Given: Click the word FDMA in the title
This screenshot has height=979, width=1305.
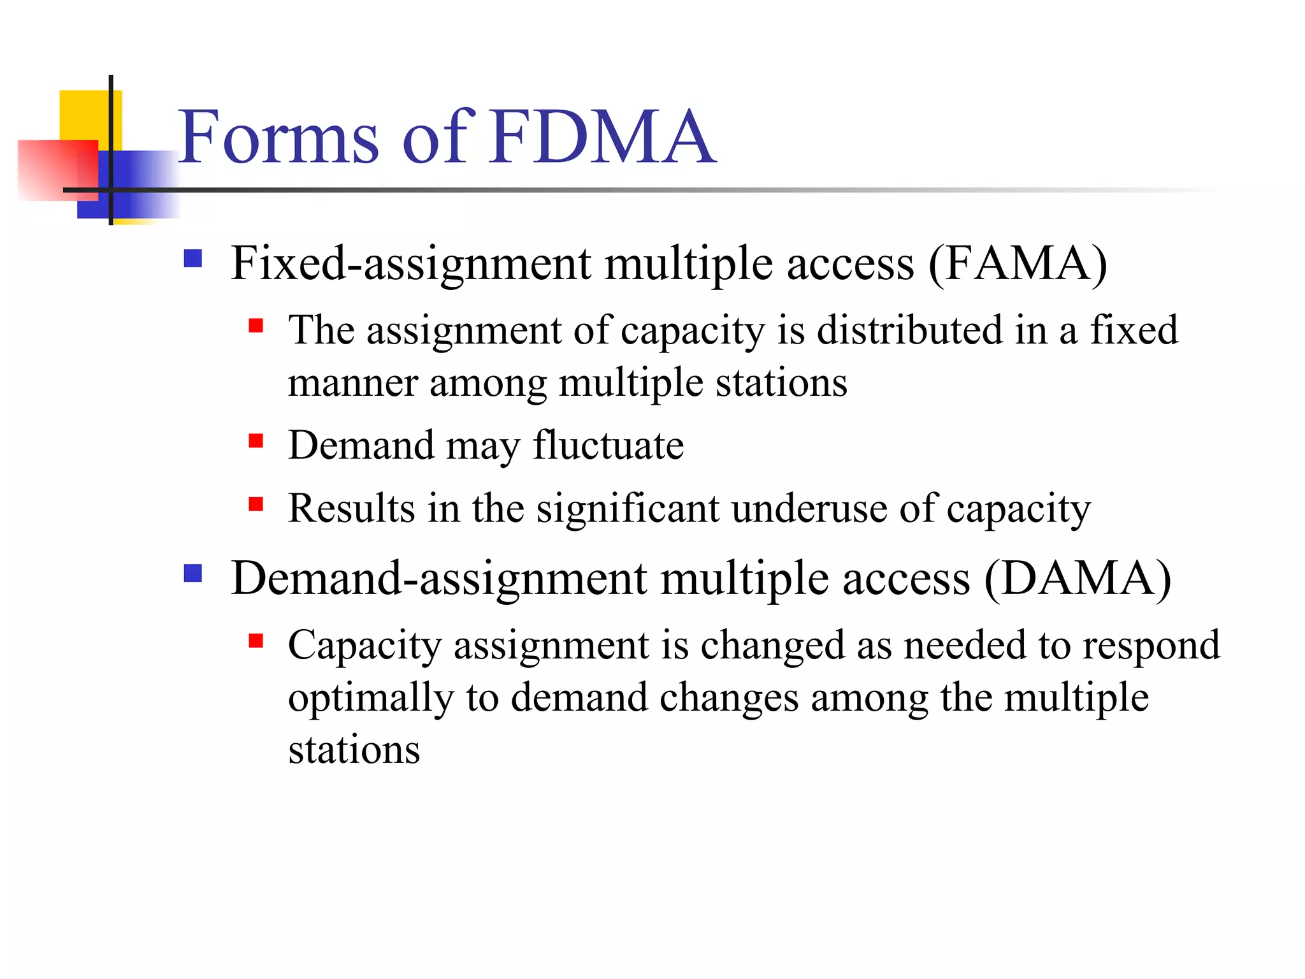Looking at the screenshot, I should pos(603,136).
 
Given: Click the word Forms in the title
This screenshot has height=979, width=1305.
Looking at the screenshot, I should pos(278,136).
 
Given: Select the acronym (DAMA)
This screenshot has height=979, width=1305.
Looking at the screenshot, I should pos(1078,578).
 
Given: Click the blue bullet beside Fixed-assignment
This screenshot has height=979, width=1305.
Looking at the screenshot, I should pos(192,258).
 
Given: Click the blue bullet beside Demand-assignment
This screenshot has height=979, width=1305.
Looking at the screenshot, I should pos(192,574).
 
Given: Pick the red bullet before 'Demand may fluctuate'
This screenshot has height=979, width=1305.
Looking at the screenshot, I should pos(256,441).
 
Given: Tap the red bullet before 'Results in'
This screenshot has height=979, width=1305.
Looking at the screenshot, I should pos(256,505).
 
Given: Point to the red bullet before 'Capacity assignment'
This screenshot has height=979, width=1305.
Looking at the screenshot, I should pos(256,641).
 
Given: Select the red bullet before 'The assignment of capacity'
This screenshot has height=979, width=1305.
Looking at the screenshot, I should pos(256,326).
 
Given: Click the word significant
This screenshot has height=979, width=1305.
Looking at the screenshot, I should pos(627,509).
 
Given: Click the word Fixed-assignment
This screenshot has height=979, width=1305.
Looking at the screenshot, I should pos(411,263).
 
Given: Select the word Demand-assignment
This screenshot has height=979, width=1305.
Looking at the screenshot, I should pos(439,578).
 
